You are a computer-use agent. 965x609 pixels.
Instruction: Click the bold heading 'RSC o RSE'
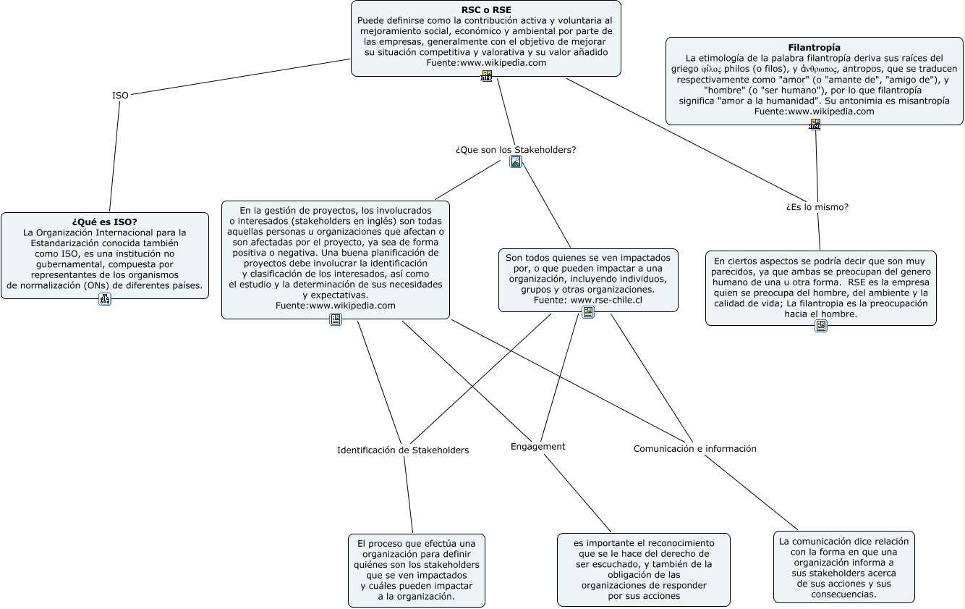(486, 10)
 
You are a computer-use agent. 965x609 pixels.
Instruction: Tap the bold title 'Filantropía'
(814, 48)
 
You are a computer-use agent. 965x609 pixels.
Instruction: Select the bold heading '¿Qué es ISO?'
(105, 222)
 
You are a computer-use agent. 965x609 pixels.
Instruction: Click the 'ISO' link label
(120, 96)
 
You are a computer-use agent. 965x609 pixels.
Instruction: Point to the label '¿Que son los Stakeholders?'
(516, 150)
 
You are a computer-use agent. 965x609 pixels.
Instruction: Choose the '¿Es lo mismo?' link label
(817, 207)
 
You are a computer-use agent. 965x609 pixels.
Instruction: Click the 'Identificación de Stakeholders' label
(403, 450)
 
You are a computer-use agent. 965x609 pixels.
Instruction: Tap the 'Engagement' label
(537, 447)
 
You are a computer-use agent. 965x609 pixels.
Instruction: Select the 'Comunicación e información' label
(695, 448)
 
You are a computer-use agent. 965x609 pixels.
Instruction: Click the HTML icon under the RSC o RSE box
(486, 76)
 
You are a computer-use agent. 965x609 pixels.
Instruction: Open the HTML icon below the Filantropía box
(815, 125)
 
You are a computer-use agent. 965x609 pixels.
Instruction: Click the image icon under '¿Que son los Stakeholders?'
(516, 161)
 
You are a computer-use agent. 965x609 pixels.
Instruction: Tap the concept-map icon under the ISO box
(105, 299)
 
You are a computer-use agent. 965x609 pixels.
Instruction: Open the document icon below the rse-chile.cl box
(588, 312)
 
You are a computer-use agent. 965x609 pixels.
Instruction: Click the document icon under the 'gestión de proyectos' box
(336, 319)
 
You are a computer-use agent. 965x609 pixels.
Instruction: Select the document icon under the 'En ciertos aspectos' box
(821, 326)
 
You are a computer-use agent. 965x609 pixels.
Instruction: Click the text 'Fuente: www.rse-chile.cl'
(588, 301)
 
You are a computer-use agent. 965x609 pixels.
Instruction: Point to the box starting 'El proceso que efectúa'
(417, 571)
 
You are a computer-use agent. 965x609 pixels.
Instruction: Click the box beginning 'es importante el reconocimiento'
(644, 570)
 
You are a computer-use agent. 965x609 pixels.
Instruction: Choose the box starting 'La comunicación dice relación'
(844, 567)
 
